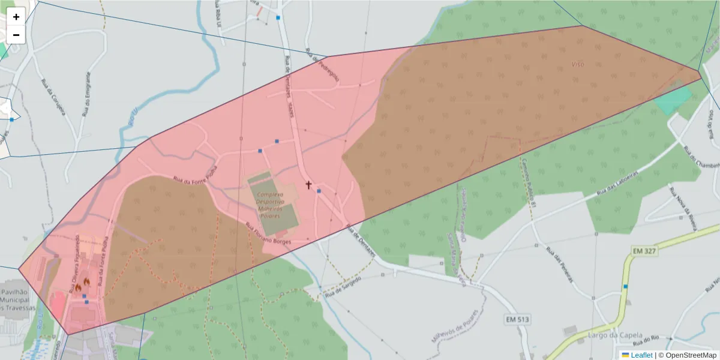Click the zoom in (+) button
point(16,17)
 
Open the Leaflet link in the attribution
point(641,355)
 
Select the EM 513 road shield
point(517,320)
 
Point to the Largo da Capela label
point(616,335)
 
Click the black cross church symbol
point(309,185)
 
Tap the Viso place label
point(578,64)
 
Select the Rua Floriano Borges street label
point(268,233)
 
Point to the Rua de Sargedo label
point(343,288)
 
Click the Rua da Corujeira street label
point(52,99)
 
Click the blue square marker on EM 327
point(626,287)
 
